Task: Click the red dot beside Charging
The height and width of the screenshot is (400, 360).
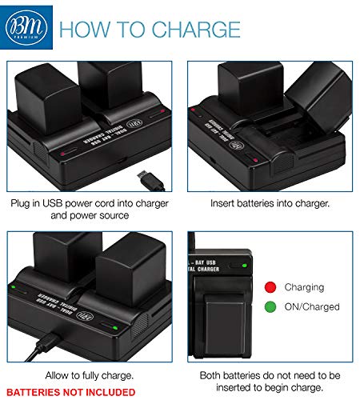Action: point(270,287)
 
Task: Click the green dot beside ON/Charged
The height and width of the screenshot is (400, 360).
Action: point(270,306)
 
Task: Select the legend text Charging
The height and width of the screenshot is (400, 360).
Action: point(304,287)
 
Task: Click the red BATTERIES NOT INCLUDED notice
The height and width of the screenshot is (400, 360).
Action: point(70,392)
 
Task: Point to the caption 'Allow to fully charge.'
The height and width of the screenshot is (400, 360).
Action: point(89,375)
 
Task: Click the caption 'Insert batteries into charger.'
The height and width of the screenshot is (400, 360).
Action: point(271,203)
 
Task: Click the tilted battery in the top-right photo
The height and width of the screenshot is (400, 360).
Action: point(316,93)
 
